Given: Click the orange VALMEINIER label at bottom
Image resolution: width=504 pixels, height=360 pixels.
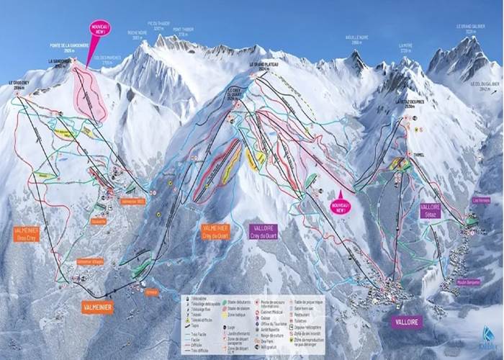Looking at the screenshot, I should click(x=98, y=307).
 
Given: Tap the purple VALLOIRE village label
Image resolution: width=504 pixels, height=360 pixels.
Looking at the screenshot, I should click(x=407, y=322).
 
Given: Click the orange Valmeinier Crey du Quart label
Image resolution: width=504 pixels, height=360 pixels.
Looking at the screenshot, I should click(x=215, y=231).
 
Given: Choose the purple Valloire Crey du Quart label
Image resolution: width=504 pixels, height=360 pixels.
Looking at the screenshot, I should click(x=264, y=230).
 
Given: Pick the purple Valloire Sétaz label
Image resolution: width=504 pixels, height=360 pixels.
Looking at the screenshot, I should click(x=430, y=210).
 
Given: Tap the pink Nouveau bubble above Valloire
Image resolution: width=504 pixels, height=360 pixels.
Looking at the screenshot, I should click(x=341, y=206).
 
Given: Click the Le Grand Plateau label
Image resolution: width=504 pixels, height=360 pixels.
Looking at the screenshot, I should click(x=264, y=65).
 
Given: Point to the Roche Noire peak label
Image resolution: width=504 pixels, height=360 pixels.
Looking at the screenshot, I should click(x=137, y=35).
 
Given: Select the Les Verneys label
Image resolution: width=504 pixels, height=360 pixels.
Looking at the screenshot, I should click(x=480, y=200).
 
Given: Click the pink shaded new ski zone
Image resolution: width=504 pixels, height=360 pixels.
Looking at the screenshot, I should click(x=90, y=94).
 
